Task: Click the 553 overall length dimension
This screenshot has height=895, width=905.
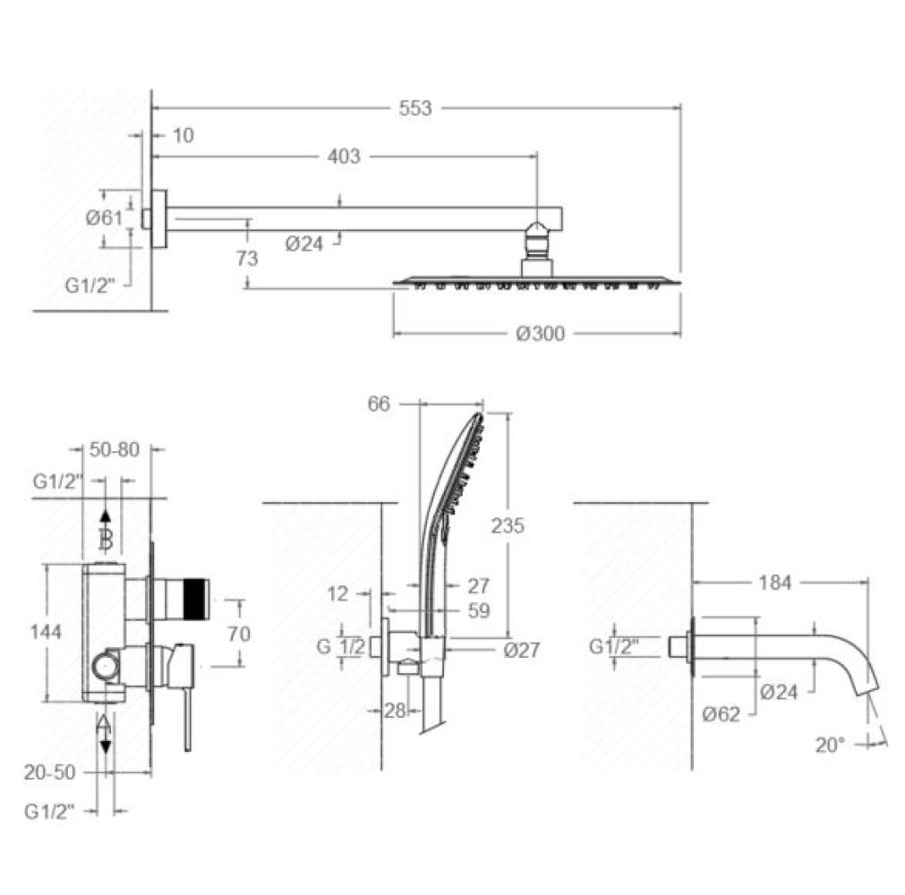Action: (415, 108)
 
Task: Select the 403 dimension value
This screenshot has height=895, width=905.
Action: (344, 156)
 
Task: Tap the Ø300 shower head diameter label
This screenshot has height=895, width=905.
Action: (541, 334)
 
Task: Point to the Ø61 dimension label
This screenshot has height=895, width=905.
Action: (104, 217)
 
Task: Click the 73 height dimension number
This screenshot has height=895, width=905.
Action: (246, 258)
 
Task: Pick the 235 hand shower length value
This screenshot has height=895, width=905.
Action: (508, 525)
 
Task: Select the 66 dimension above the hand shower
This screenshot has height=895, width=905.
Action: (379, 404)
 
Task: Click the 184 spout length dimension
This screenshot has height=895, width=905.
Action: (774, 583)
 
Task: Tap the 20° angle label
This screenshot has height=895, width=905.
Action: (830, 745)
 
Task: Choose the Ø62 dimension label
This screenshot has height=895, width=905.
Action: (721, 714)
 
